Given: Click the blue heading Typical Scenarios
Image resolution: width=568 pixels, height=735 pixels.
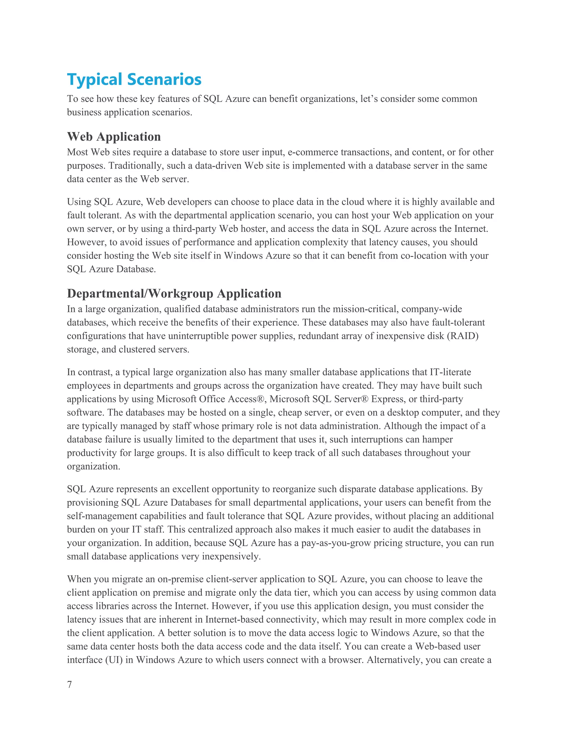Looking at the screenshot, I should click(134, 80).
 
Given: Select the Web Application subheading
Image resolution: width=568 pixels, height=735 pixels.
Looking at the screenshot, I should click(114, 137).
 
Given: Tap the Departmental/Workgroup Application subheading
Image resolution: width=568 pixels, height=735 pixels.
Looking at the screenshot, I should click(174, 293).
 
